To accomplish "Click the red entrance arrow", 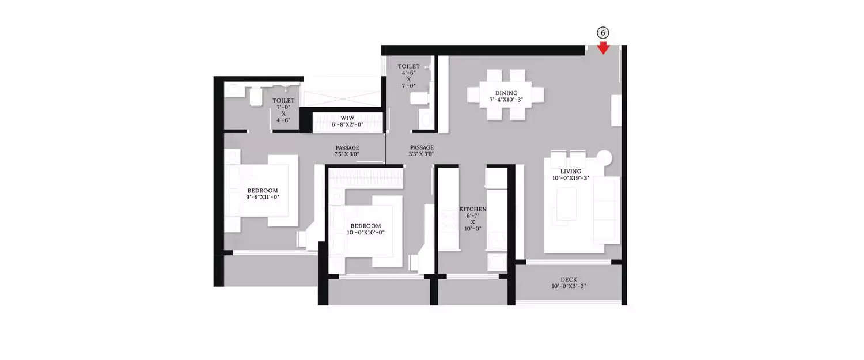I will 603,48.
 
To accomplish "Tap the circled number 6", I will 603,33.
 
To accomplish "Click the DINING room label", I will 506,93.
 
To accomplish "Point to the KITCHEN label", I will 473,209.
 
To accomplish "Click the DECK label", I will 569,279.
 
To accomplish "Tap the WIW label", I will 347,118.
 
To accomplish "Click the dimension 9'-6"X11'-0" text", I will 263,197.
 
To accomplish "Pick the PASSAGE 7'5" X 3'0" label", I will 347,151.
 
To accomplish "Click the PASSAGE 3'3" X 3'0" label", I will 422,151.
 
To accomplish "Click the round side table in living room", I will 605,158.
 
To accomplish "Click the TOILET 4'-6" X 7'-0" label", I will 408,76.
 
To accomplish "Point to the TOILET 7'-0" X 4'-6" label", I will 283,110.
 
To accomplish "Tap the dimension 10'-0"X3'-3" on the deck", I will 569,286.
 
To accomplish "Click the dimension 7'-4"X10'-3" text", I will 506,100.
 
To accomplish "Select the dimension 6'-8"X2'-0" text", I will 347,124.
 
